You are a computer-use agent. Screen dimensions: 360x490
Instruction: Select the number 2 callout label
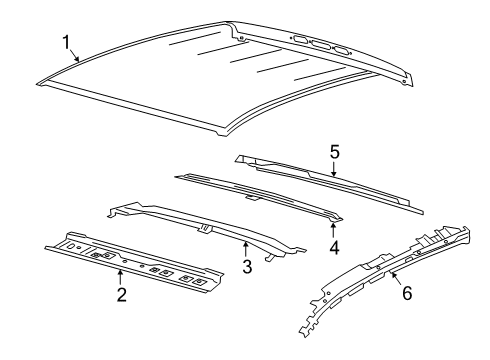120,294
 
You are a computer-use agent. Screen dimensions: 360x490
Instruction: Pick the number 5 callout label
335,151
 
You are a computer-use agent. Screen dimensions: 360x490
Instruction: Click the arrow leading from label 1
76,54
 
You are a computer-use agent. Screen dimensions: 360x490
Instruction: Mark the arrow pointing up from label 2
120,277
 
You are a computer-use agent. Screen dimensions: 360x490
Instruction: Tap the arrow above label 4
333,227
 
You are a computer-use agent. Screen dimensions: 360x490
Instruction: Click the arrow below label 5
335,168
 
